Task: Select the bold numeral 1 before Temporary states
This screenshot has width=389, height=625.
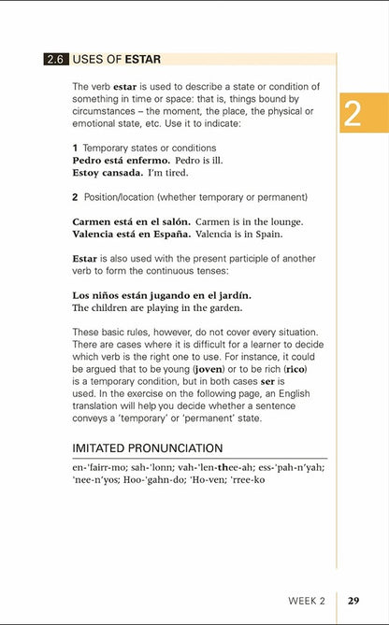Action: click(75, 148)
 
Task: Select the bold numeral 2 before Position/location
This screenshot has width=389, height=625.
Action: click(75, 196)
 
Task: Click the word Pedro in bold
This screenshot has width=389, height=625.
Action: click(90, 160)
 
